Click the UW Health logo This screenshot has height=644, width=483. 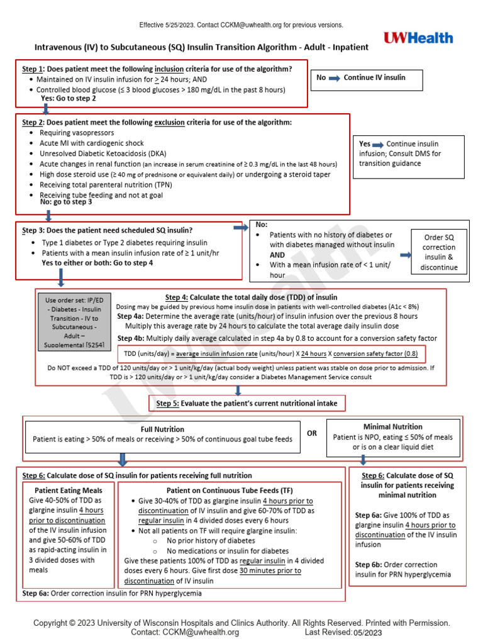point(418,38)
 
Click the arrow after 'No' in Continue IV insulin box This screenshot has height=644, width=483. point(334,77)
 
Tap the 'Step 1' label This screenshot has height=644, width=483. point(33,69)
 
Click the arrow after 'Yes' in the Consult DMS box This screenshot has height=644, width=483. point(377,144)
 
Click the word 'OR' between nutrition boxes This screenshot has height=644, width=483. point(312,433)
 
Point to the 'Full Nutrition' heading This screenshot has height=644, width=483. point(162,428)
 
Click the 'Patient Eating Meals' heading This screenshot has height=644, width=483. point(69,490)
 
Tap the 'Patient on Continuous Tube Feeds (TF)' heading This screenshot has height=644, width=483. point(230,490)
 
